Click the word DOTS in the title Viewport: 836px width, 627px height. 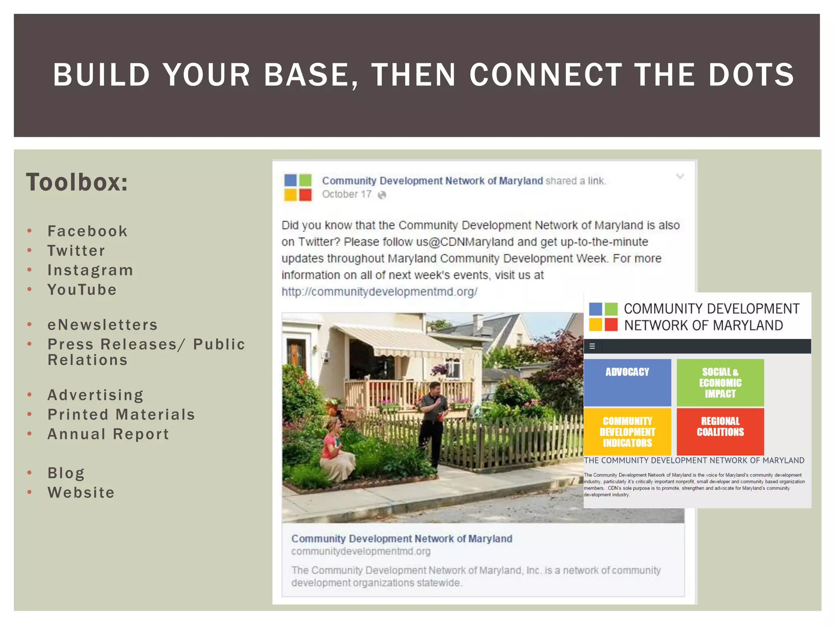[x=751, y=75]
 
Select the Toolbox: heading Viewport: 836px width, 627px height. [x=77, y=182]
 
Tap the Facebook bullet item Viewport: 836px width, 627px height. [x=87, y=231]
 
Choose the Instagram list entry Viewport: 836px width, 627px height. [x=90, y=270]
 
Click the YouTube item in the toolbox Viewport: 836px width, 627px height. [x=82, y=290]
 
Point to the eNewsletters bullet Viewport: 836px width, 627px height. [x=102, y=325]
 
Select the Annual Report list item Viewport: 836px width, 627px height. [x=108, y=434]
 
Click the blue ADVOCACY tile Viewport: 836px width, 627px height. [x=627, y=382]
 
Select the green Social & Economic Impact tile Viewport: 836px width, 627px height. [x=720, y=382]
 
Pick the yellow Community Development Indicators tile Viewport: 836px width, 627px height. [x=627, y=431]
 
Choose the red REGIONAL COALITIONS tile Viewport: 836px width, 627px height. [x=720, y=431]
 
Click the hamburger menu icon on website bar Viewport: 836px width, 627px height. [x=592, y=346]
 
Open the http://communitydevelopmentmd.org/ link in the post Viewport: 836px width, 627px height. [x=379, y=291]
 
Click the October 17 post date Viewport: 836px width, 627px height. [x=347, y=194]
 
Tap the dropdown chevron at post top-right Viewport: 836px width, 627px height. [x=680, y=176]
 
